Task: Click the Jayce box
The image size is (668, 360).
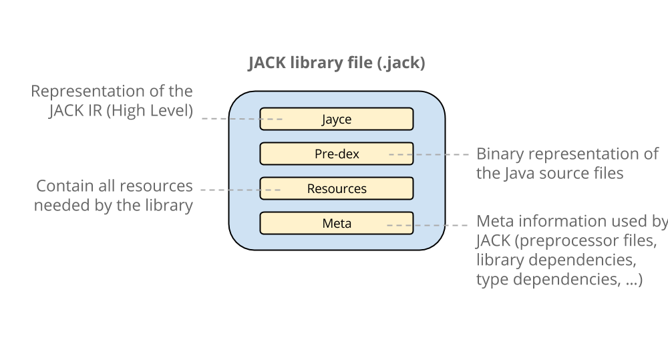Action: tap(336, 120)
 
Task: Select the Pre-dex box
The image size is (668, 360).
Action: tap(336, 154)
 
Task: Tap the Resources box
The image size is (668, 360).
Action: tap(336, 189)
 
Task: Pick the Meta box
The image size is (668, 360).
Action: tap(336, 224)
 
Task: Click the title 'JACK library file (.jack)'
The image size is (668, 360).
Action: tap(337, 63)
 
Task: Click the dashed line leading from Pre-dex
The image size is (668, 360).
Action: tap(441, 154)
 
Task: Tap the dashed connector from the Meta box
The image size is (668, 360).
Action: tap(441, 225)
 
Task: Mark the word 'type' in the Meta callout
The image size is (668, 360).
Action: tap(491, 280)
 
